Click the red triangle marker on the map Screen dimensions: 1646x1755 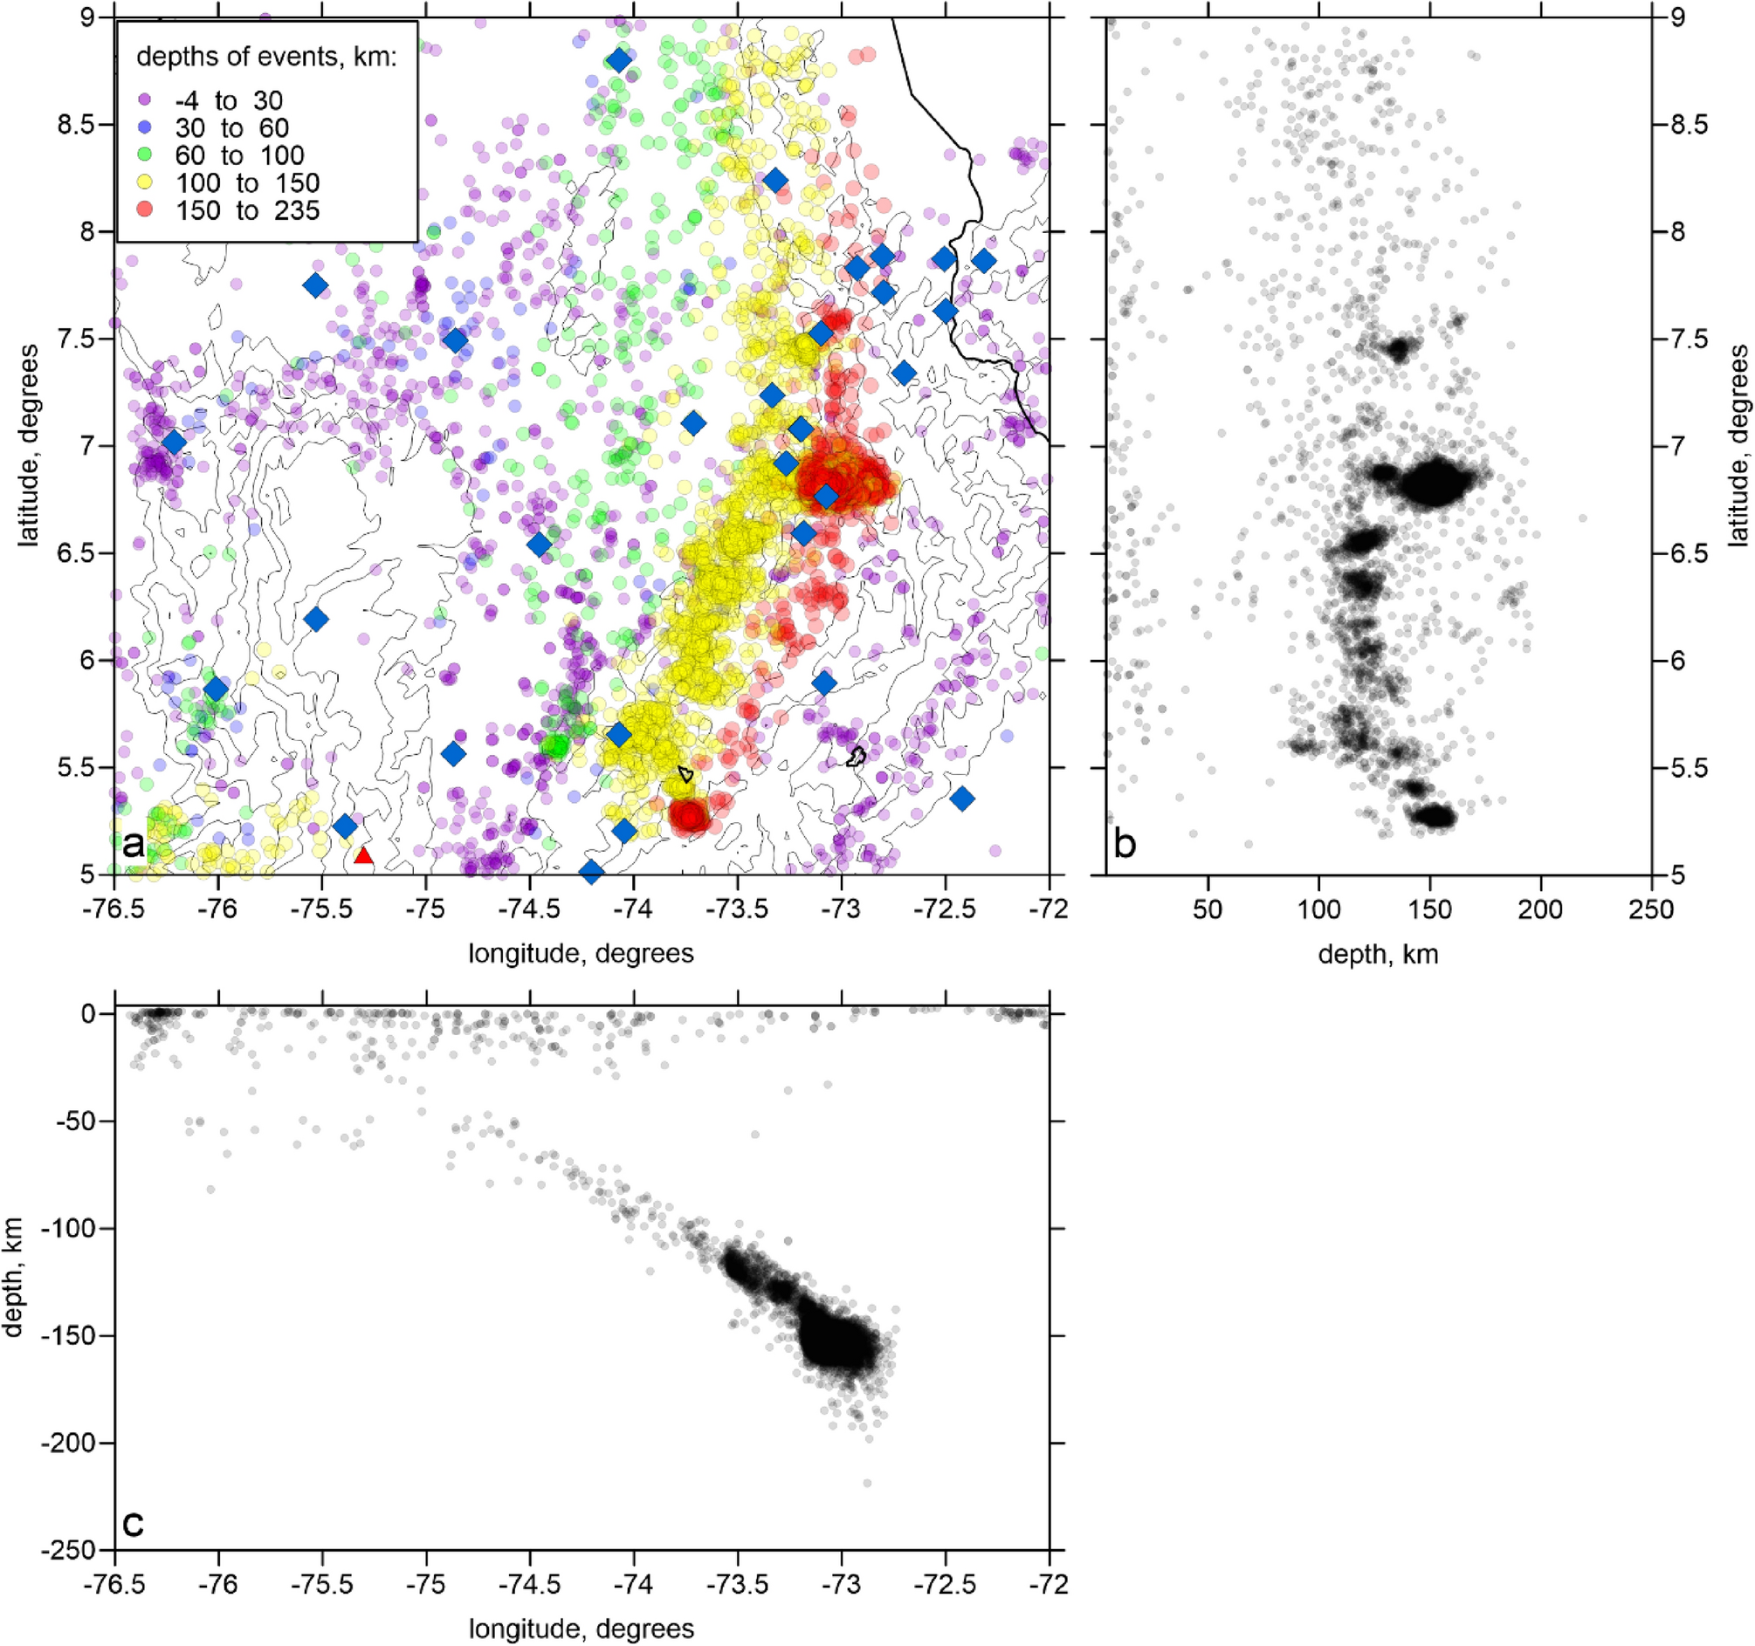364,855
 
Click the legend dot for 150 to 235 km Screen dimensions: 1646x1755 146,210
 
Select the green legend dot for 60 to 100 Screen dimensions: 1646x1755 146,155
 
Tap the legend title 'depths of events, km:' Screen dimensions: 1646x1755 266,57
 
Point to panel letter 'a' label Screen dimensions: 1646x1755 134,845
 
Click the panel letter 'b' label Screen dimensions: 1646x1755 1125,845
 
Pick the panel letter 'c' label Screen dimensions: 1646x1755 133,1522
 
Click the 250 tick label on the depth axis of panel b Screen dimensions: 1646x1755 1651,910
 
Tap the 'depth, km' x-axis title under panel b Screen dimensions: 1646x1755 1378,954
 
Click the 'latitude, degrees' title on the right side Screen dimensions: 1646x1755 1738,446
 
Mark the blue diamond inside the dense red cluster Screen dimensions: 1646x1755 825,496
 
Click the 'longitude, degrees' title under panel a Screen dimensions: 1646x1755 581,954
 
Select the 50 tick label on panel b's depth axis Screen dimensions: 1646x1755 1208,910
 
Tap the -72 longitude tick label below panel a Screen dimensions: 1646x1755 1049,910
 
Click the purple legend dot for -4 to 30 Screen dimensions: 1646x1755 146,100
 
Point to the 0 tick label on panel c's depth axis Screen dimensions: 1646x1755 88,1014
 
